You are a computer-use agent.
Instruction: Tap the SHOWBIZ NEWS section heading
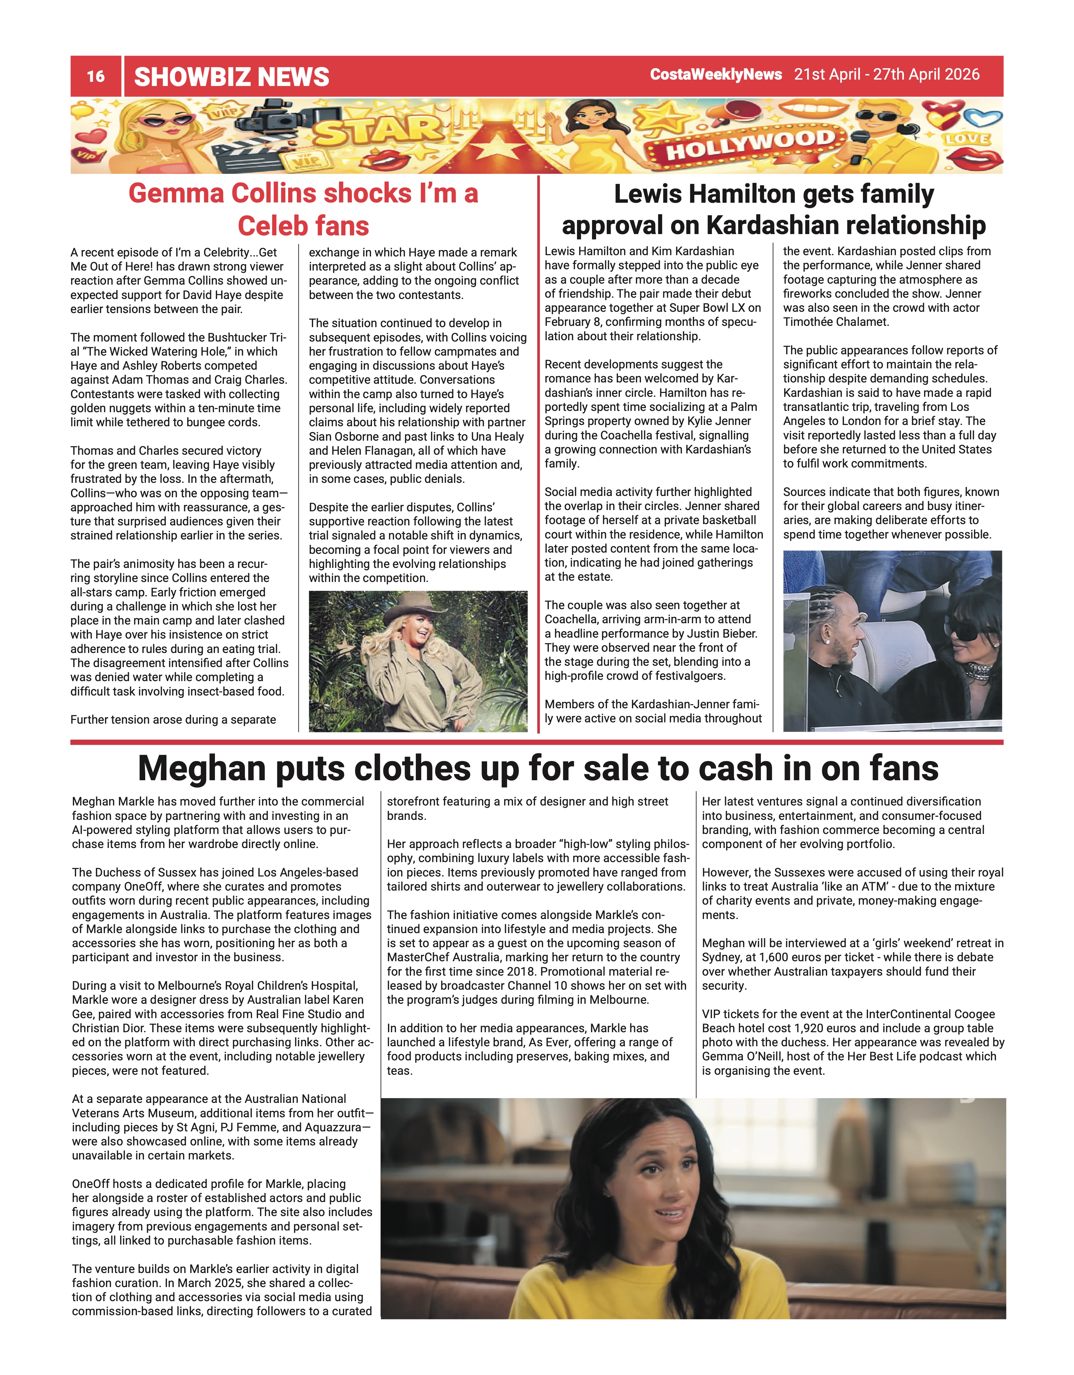(x=232, y=77)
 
